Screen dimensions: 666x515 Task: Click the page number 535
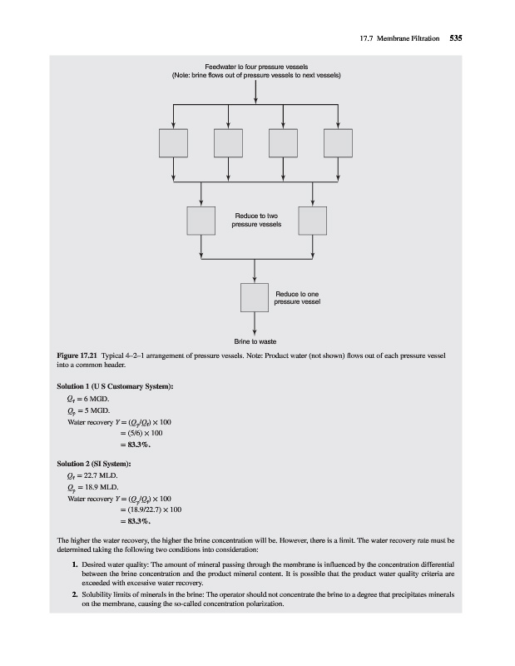(455, 37)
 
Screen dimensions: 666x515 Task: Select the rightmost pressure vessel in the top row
(338, 143)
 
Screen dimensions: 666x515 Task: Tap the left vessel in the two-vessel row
(201, 221)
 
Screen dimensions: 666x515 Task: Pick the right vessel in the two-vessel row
(311, 221)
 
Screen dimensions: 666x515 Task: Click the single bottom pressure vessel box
(255, 297)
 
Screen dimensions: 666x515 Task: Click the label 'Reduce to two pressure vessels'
(257, 220)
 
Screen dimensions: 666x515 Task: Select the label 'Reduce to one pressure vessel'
(297, 297)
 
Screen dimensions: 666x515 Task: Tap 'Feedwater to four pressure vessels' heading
(255, 67)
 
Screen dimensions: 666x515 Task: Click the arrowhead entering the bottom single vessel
(255, 279)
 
